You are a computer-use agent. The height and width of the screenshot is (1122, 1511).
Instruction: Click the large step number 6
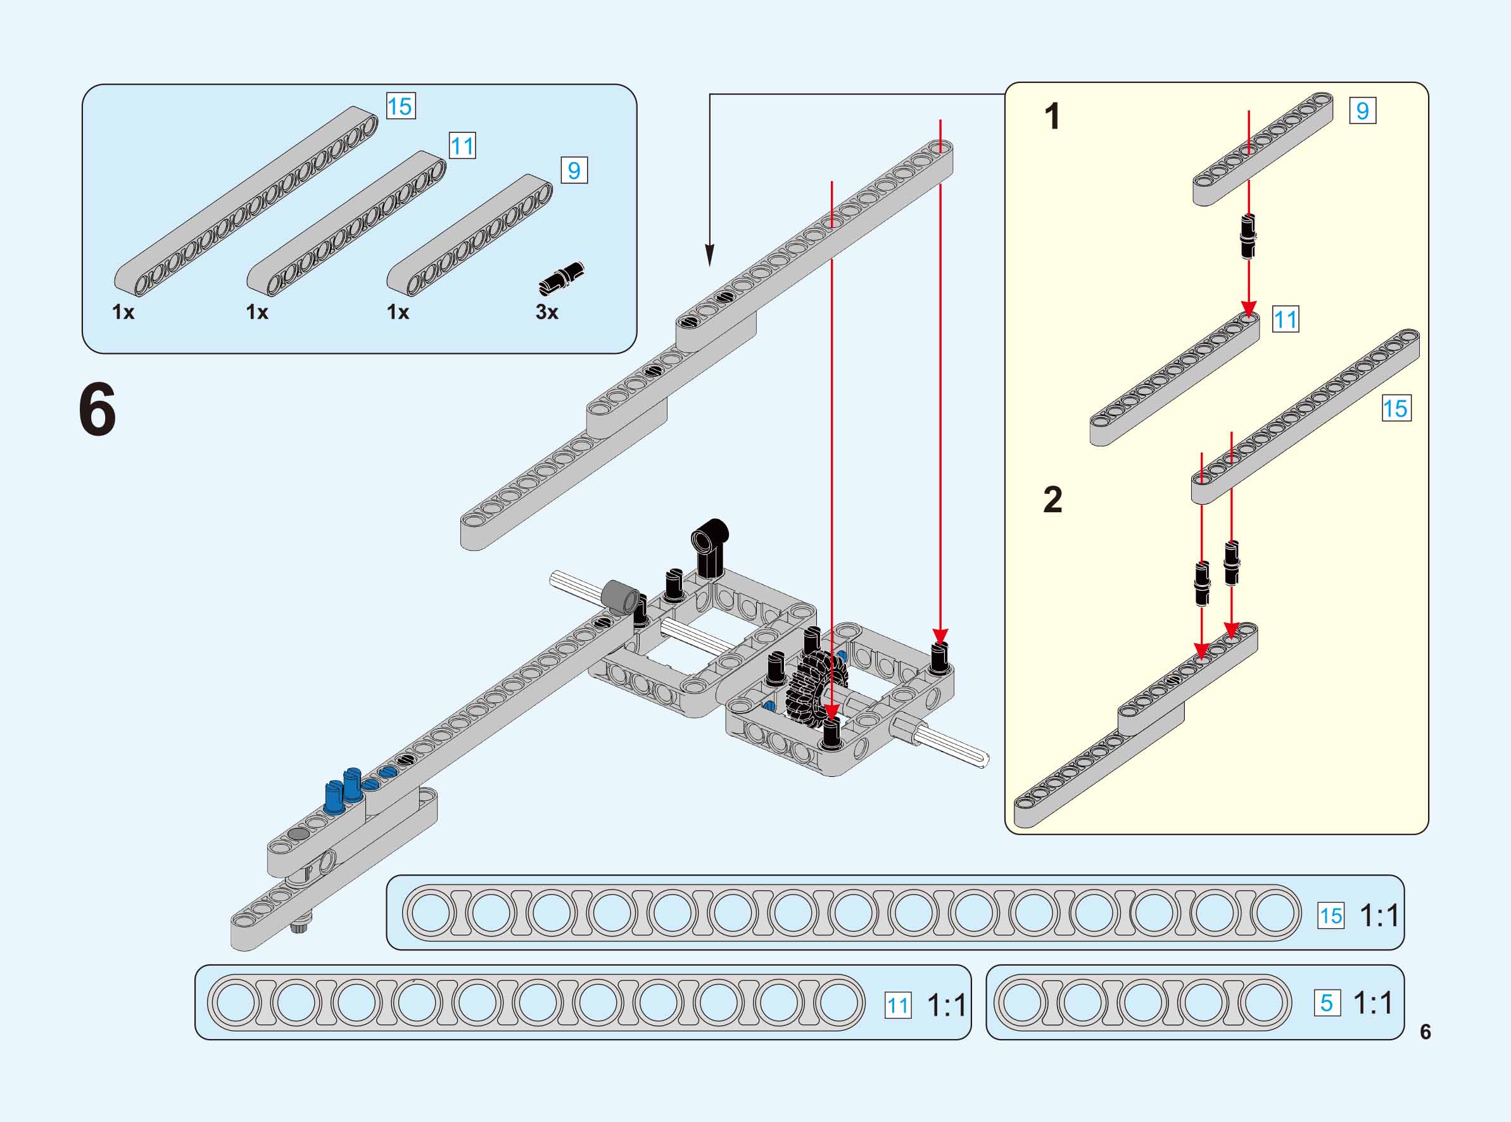click(98, 410)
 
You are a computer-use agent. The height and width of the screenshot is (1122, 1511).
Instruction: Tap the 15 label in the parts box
click(401, 106)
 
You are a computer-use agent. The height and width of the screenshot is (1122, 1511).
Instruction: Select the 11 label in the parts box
click(462, 146)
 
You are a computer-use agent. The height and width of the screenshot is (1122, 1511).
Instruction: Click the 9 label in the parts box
click(574, 170)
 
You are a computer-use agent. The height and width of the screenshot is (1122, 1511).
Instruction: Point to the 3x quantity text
click(547, 312)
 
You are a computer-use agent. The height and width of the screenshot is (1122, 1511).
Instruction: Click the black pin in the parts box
click(562, 279)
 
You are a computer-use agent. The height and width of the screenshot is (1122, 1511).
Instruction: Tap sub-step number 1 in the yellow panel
click(1052, 117)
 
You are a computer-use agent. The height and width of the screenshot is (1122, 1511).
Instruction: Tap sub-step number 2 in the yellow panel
click(1052, 501)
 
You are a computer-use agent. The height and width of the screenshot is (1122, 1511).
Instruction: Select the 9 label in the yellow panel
click(1362, 111)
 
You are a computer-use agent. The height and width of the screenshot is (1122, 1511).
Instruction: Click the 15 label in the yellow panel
click(1396, 408)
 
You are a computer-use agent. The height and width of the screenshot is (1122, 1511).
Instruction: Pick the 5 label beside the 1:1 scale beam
click(1327, 1003)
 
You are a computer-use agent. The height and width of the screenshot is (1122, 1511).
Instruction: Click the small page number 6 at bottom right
click(1426, 1031)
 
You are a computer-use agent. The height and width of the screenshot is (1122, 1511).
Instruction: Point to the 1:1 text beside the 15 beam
click(1379, 916)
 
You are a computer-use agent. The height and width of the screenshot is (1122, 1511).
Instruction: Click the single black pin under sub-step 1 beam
click(1248, 236)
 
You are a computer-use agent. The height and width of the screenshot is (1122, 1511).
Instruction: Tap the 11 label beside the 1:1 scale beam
click(898, 1005)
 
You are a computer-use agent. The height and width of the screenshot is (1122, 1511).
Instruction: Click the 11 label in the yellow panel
click(1286, 319)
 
